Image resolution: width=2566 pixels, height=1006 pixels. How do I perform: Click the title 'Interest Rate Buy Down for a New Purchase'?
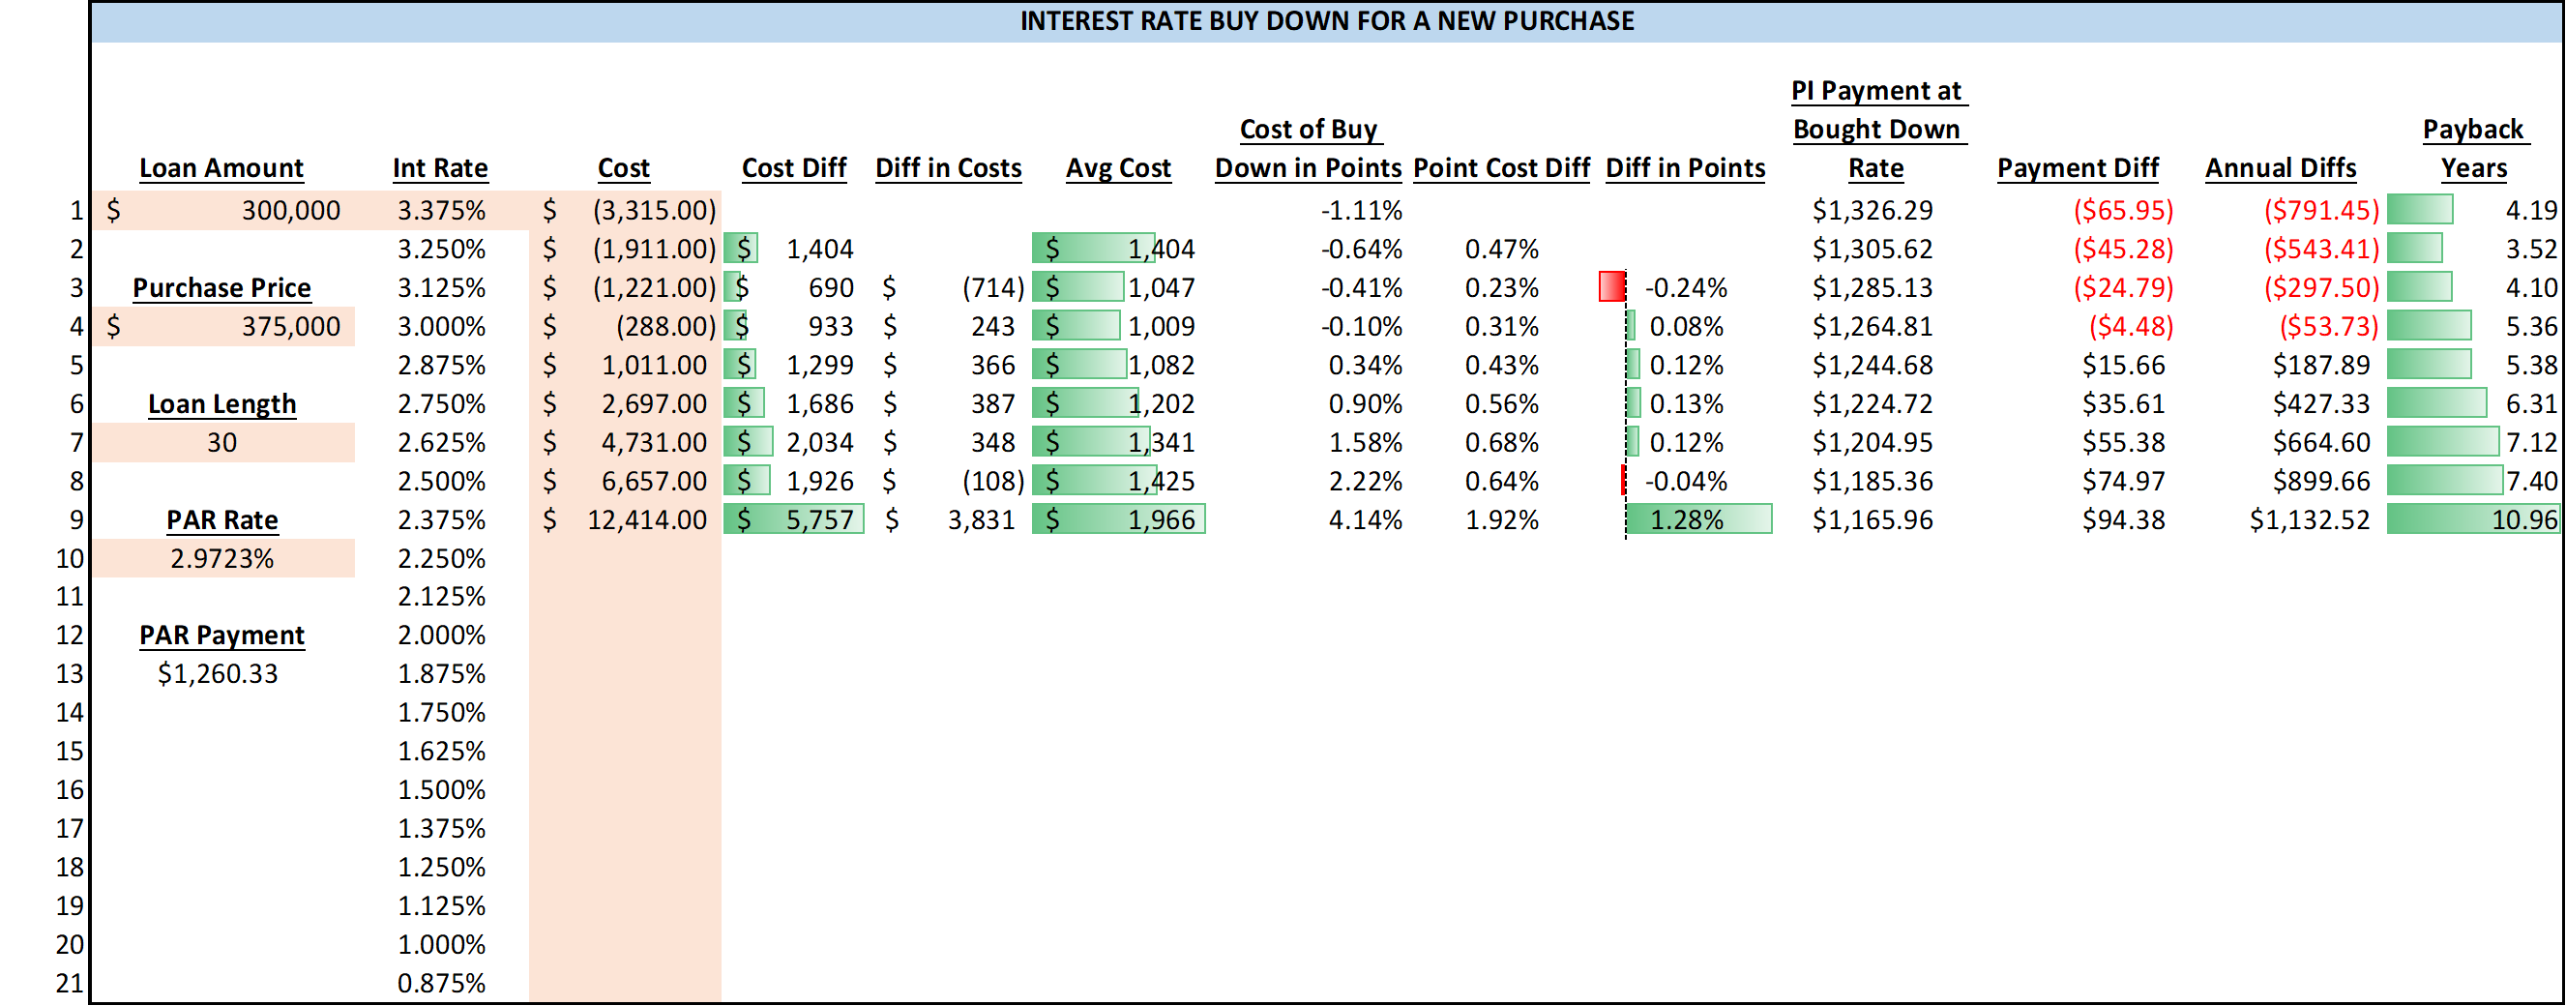pyautogui.click(x=1326, y=21)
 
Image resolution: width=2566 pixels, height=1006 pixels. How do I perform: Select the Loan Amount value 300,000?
pyautogui.click(x=290, y=210)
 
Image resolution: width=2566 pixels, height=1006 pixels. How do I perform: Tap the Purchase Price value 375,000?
pyautogui.click(x=290, y=327)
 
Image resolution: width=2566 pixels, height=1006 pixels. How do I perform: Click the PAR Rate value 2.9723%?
pyautogui.click(x=222, y=559)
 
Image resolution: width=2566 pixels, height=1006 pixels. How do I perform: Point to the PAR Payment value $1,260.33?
pyautogui.click(x=219, y=674)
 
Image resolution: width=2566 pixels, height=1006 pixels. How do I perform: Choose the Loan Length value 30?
pyautogui.click(x=222, y=442)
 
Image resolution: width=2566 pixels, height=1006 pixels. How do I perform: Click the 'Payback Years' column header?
pyautogui.click(x=2472, y=148)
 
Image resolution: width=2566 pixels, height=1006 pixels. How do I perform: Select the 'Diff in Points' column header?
pyautogui.click(x=1685, y=168)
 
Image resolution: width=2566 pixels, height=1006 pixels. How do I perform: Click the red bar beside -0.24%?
pyautogui.click(x=1611, y=287)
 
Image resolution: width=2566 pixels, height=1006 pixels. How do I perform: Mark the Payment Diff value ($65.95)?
pyautogui.click(x=2123, y=210)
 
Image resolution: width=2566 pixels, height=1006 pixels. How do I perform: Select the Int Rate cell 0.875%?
pyautogui.click(x=441, y=983)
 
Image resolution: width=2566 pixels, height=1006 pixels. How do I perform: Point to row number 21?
pyautogui.click(x=70, y=983)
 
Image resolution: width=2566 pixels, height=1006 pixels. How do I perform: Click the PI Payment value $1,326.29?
pyautogui.click(x=1872, y=210)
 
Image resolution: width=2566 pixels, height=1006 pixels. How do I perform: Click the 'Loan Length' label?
pyautogui.click(x=222, y=404)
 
